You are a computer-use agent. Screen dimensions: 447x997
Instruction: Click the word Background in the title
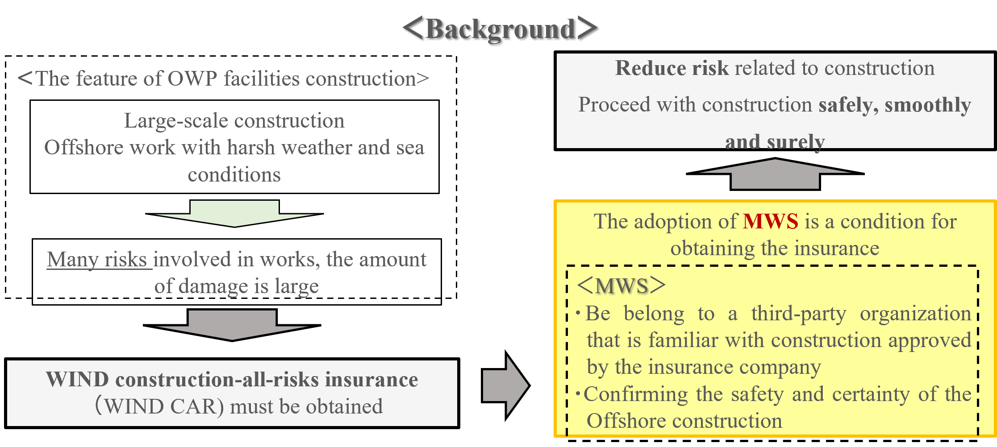tap(500, 29)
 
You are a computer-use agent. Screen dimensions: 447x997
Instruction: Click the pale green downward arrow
tap(234, 213)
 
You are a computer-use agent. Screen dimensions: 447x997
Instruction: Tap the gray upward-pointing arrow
tap(775, 174)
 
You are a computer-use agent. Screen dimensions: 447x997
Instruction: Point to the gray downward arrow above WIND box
tap(232, 325)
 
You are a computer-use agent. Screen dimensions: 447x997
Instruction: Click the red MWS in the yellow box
tap(770, 222)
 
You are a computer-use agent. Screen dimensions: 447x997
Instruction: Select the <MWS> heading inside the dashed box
tap(621, 286)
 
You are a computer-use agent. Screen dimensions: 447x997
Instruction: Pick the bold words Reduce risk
tap(672, 68)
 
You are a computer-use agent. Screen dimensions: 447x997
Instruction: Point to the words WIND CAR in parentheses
tap(160, 406)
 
